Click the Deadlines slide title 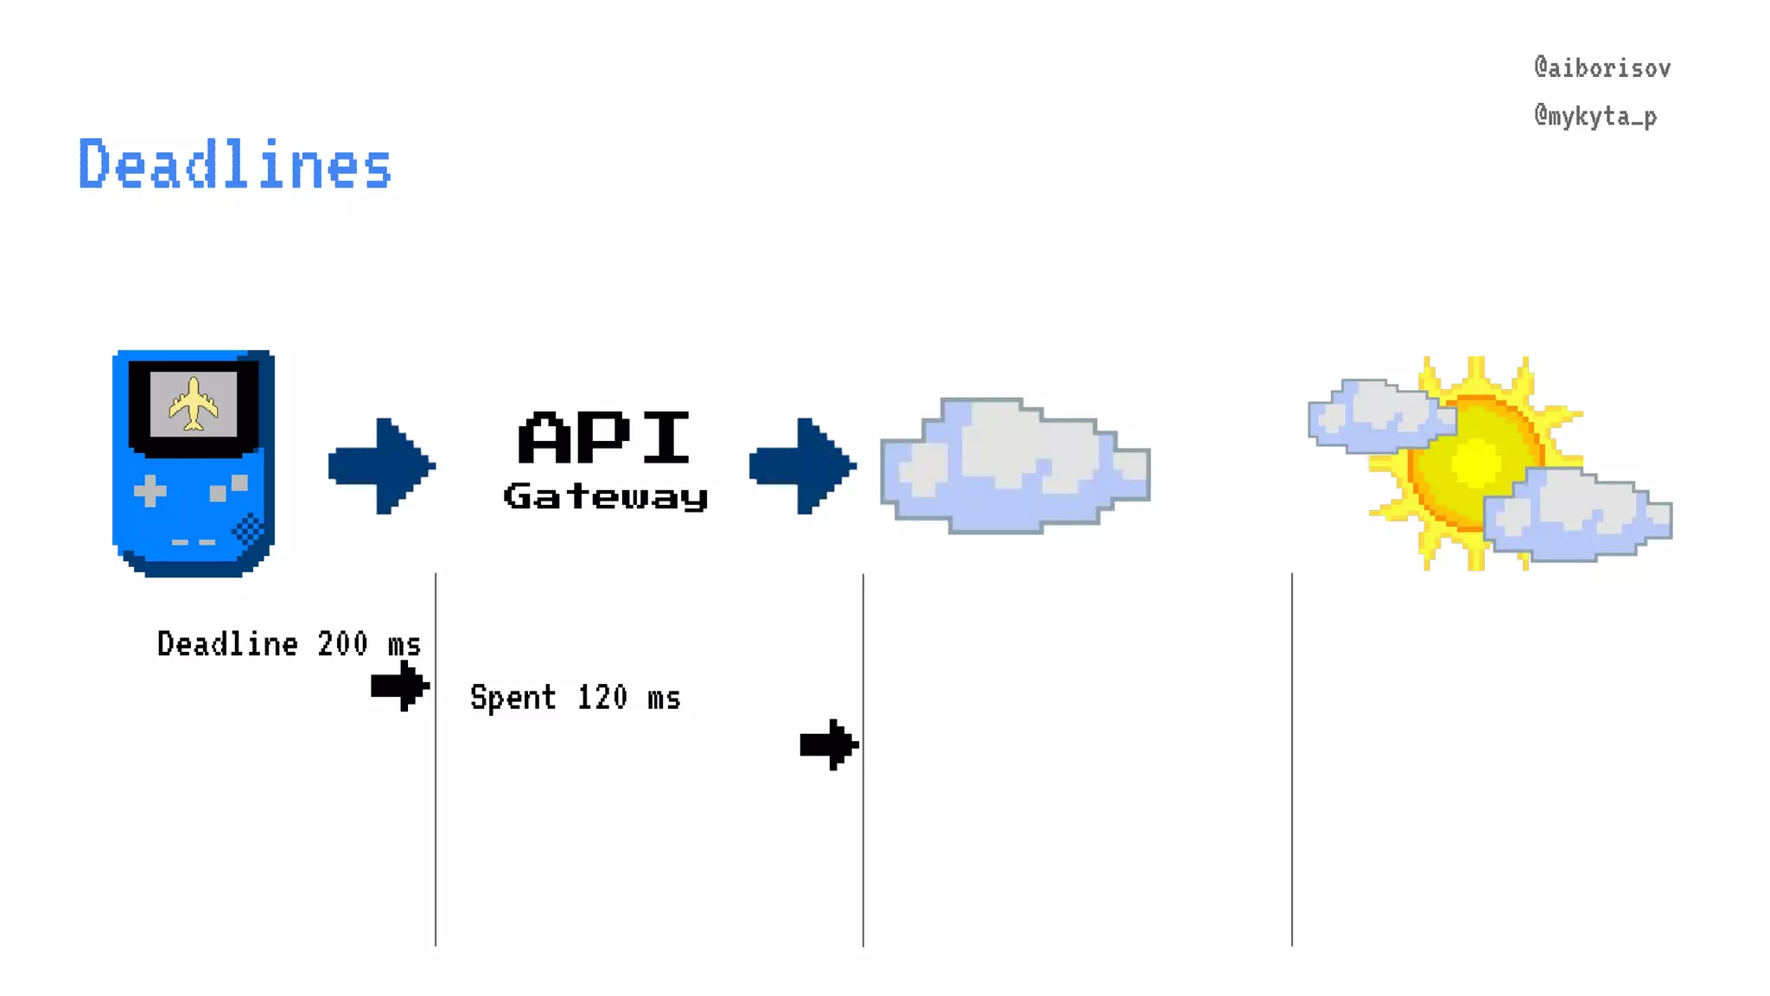[x=235, y=164]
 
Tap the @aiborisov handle [x=1601, y=68]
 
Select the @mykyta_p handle [x=1595, y=117]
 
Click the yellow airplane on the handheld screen [x=194, y=404]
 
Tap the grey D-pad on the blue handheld [x=150, y=491]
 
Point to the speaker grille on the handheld [x=249, y=528]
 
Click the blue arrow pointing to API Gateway [x=382, y=466]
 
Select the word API [x=604, y=437]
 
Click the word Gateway [x=606, y=496]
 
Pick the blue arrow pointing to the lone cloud [x=803, y=466]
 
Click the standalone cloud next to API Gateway [x=1015, y=467]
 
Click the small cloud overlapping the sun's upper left [x=1380, y=416]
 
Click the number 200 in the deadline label [x=342, y=644]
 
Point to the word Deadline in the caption [x=227, y=644]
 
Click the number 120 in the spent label [x=602, y=698]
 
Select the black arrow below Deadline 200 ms [x=400, y=686]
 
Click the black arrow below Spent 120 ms [x=829, y=744]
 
